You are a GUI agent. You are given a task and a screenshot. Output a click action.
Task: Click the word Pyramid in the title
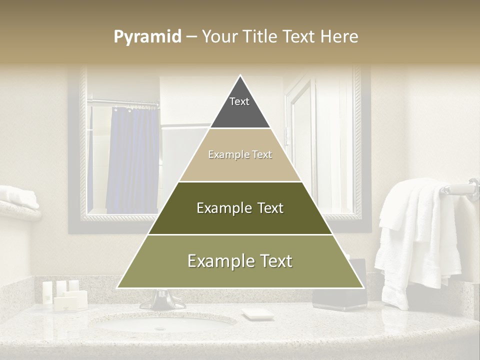pyautogui.click(x=147, y=37)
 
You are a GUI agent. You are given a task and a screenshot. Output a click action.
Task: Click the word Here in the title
pyautogui.click(x=340, y=36)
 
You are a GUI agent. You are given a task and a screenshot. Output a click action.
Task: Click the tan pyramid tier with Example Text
pyautogui.click(x=240, y=155)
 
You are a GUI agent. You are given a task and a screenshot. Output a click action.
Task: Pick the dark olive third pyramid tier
pyautogui.click(x=240, y=208)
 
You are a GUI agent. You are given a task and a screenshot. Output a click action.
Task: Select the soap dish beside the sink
pyautogui.click(x=258, y=314)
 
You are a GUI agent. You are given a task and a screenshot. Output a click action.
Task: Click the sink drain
pyautogui.click(x=160, y=328)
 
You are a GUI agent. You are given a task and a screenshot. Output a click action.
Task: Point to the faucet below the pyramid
pyautogui.click(x=162, y=300)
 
